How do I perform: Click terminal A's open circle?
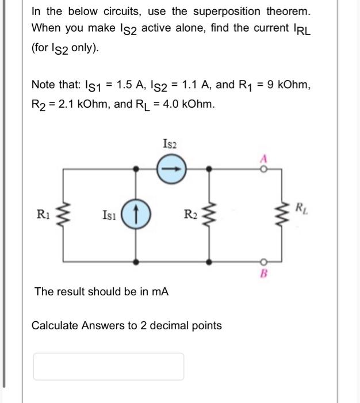tap(264, 168)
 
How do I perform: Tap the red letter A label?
tap(264, 157)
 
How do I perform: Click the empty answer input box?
tap(109, 366)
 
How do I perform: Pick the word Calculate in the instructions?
tap(54, 326)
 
